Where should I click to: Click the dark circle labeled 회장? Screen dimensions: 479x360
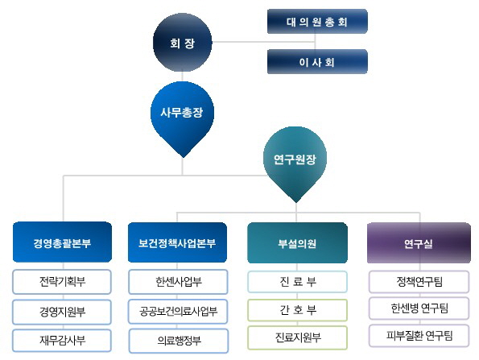click(183, 43)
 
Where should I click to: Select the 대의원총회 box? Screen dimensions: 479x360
click(317, 22)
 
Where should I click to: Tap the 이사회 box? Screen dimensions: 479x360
click(317, 61)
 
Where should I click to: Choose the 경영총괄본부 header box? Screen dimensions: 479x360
click(62, 242)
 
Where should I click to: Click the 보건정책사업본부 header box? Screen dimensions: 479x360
click(177, 242)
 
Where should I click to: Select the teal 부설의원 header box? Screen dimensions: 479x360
click(298, 243)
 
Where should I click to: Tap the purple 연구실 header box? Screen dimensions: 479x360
click(419, 243)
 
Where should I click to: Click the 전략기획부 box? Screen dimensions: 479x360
click(62, 281)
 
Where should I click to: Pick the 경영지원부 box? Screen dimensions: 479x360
click(62, 312)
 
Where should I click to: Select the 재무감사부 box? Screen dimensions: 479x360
click(62, 341)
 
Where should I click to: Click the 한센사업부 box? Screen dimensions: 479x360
click(179, 281)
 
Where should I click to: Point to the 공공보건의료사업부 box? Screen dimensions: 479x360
click(179, 312)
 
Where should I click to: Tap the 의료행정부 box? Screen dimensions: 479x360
click(179, 341)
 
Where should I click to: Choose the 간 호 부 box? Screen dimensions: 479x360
click(298, 310)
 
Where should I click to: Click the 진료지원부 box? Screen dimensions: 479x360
click(298, 337)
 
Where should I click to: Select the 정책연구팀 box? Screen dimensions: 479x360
click(419, 281)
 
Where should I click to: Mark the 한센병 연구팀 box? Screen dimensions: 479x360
click(419, 308)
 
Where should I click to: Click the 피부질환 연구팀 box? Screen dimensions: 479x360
click(419, 336)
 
